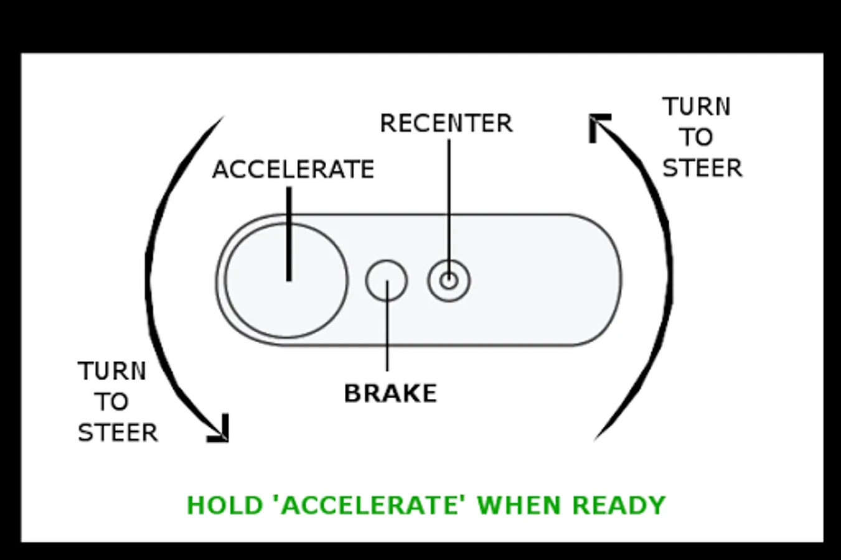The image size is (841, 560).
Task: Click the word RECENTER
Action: tap(446, 123)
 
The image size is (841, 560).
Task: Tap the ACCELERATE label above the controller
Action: tap(293, 169)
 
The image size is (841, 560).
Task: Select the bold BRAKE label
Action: tap(390, 393)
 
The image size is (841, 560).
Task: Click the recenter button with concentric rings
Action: tap(449, 281)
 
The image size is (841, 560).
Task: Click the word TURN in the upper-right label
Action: tap(697, 107)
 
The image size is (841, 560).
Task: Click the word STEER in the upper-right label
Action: tap(702, 168)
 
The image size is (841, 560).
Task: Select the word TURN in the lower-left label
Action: tap(112, 371)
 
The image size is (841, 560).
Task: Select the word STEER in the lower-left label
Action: tap(118, 432)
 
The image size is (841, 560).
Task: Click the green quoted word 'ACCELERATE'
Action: tap(370, 505)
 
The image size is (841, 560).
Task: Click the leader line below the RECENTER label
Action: tap(449, 199)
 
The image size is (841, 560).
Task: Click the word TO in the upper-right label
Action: tap(696, 138)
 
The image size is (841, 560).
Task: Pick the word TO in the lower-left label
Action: tap(111, 402)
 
